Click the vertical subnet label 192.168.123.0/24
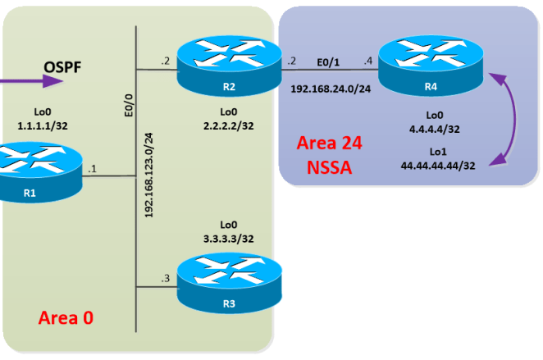click(149, 174)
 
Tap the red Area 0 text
click(66, 317)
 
